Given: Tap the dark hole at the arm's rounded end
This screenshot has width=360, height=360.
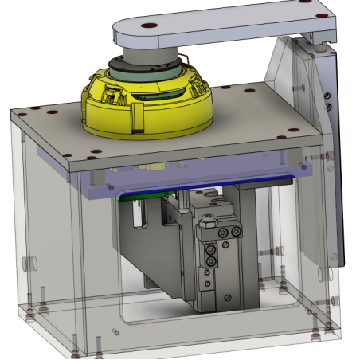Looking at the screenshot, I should [149, 26].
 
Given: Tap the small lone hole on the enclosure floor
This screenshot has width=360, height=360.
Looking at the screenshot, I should [117, 329].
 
